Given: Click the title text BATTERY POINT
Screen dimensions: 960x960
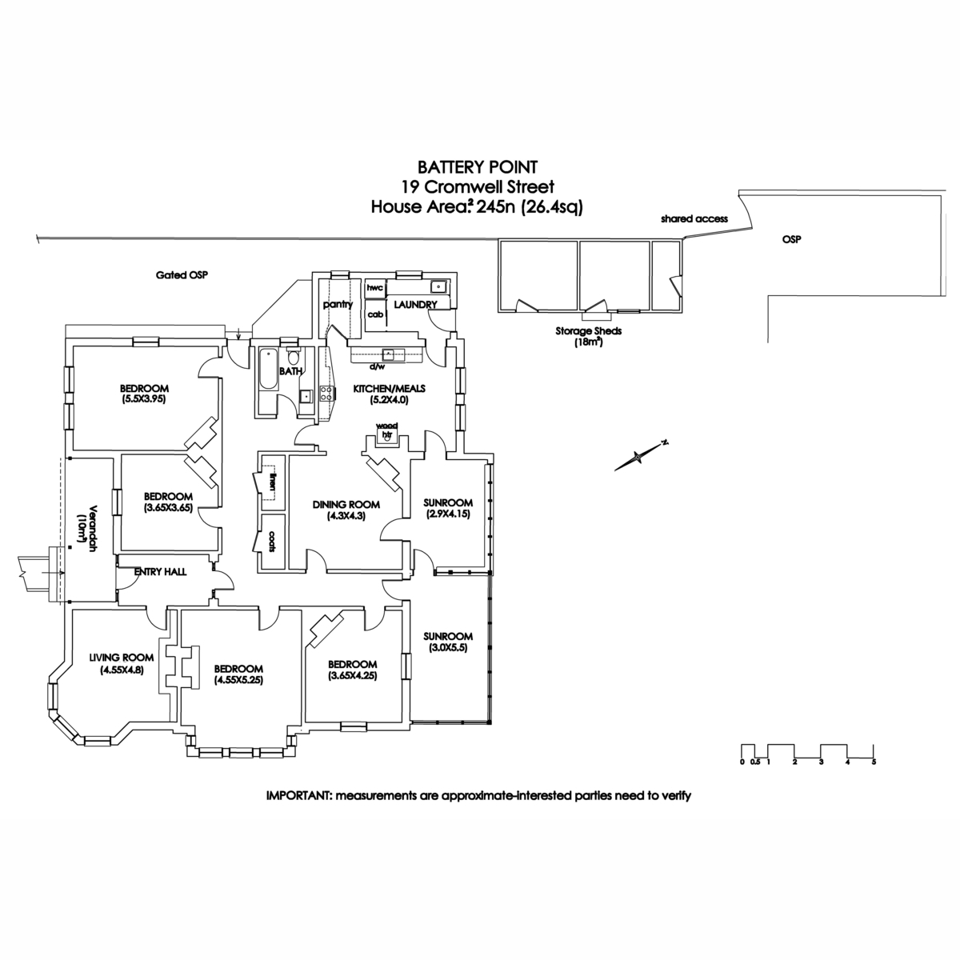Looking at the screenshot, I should click(478, 167).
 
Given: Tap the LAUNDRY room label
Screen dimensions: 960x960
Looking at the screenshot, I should click(414, 305).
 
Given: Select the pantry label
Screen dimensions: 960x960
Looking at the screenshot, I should click(338, 305).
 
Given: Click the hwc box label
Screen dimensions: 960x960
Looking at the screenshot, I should click(374, 287).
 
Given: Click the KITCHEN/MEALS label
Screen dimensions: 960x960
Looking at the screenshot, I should click(390, 389).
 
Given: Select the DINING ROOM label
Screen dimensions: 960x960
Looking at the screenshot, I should click(346, 505).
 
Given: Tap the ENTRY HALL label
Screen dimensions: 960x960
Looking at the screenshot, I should click(160, 572).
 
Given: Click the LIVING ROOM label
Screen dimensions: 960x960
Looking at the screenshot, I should click(121, 658).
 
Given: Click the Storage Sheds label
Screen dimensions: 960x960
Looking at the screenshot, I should click(588, 330).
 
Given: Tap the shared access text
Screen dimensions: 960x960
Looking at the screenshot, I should click(695, 218).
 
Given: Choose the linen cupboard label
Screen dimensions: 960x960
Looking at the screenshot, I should click(273, 482).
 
